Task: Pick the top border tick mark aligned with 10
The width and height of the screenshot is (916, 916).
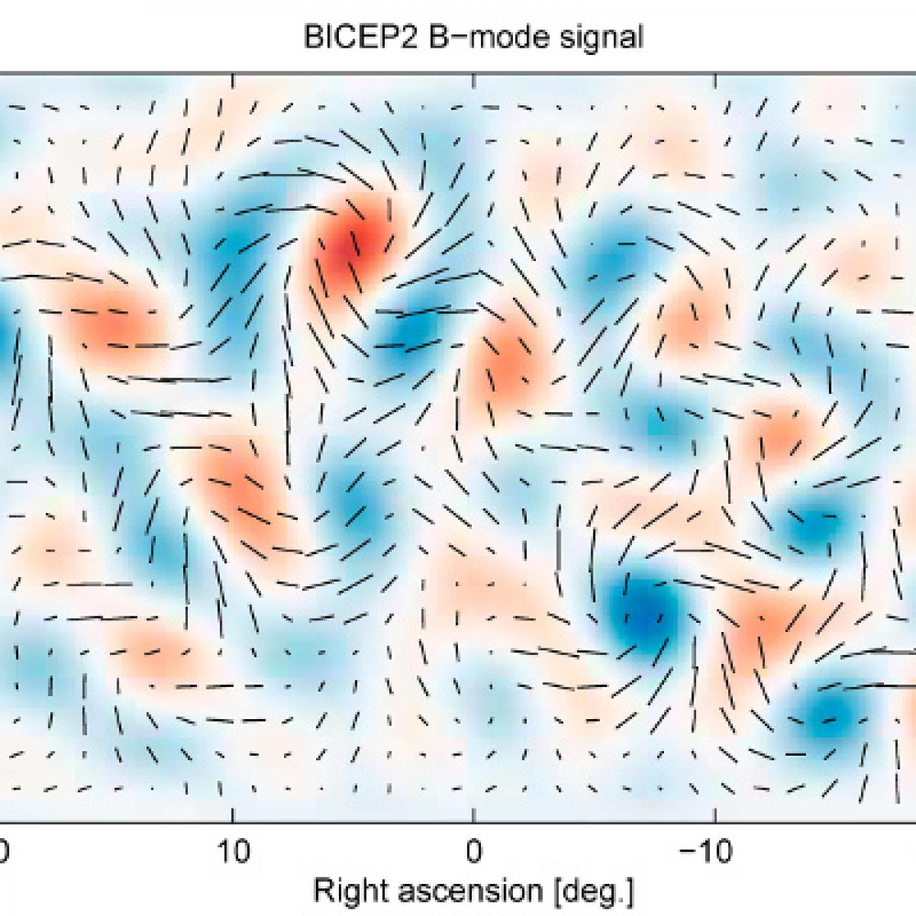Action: (233, 78)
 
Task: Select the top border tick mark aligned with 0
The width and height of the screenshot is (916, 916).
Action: (473, 78)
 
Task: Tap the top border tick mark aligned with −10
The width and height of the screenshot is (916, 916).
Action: (715, 78)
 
